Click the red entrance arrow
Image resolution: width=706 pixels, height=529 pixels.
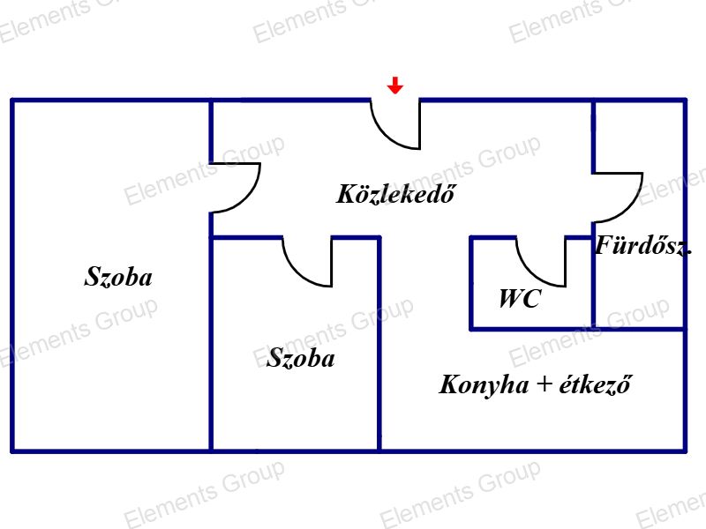394,85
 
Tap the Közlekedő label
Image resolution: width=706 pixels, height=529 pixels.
395,194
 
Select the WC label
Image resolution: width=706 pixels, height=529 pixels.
520,298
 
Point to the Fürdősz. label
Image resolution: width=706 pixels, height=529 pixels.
643,246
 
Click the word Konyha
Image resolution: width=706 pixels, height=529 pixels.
484,385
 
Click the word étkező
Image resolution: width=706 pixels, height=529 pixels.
595,384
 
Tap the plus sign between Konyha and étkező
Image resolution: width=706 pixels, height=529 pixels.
545,384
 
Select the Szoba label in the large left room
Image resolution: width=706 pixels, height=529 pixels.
118,277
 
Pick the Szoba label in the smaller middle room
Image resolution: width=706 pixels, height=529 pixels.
301,358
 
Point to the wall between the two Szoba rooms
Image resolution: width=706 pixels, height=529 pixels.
211,342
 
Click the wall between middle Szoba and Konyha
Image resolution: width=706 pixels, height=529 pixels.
379,344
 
